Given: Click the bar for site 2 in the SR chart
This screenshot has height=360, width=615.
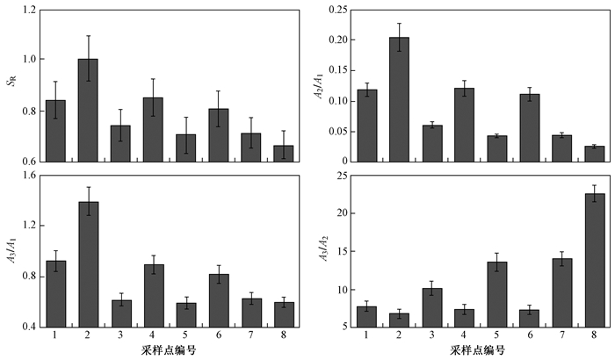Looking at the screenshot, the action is [88, 111].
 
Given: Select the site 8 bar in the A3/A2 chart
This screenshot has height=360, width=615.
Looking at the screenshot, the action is [595, 260].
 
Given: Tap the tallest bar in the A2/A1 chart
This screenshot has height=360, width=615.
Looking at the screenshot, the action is [399, 99].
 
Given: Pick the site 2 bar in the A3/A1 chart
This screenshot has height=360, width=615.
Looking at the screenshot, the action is [89, 264].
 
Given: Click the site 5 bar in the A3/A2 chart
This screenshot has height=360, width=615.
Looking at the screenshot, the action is [497, 294].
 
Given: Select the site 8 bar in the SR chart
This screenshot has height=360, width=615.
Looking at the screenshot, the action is [283, 154].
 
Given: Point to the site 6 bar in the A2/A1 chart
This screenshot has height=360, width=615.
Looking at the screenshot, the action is [530, 128].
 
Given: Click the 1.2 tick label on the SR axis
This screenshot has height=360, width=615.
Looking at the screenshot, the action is [29, 10].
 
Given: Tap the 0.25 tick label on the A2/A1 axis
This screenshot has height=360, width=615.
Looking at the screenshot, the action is [338, 10].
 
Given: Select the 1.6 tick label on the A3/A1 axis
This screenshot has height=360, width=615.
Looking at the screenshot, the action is [29, 175].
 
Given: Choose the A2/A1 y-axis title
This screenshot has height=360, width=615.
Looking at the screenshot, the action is [320, 85].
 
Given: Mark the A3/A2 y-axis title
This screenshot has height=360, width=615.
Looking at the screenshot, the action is [323, 248].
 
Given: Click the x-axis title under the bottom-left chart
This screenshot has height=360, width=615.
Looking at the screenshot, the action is [169, 349].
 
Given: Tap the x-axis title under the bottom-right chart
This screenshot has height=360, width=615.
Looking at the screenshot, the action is [477, 349].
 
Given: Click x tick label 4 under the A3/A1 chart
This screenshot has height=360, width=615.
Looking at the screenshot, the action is [152, 335].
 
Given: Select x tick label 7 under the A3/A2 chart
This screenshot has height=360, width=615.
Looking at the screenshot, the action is [562, 335].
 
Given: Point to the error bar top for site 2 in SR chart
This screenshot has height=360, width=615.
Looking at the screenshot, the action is [88, 36].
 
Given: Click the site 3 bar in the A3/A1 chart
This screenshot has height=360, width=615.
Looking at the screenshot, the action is [121, 313].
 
